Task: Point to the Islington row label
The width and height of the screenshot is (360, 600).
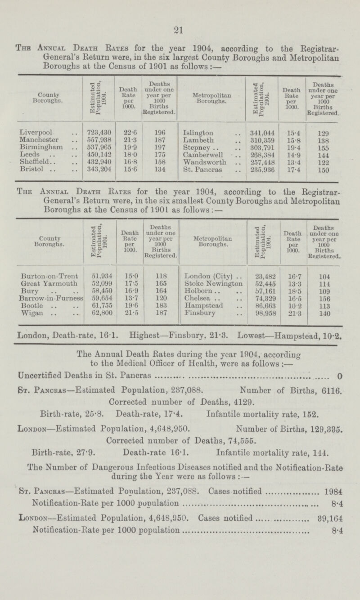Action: click(198, 130)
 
